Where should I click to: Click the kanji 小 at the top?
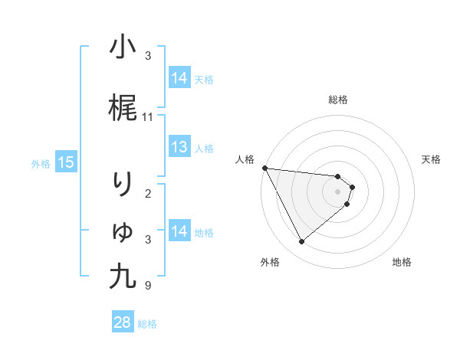[123, 47]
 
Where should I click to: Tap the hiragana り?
[123, 185]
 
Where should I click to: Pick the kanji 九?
[123, 277]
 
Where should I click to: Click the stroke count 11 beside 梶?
[148, 117]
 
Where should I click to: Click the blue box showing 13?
[179, 147]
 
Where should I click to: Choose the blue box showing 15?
[65, 162]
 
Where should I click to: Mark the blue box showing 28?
[123, 322]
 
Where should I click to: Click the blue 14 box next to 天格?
[179, 77]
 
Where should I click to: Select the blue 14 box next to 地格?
[179, 231]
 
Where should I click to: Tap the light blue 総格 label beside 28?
[147, 324]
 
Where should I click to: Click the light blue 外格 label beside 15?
[41, 163]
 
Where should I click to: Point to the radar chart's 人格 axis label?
[245, 159]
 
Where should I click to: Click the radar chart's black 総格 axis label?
[338, 100]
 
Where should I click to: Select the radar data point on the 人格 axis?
[264, 169]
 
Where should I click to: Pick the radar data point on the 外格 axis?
[301, 242]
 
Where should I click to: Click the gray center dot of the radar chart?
[338, 191]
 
